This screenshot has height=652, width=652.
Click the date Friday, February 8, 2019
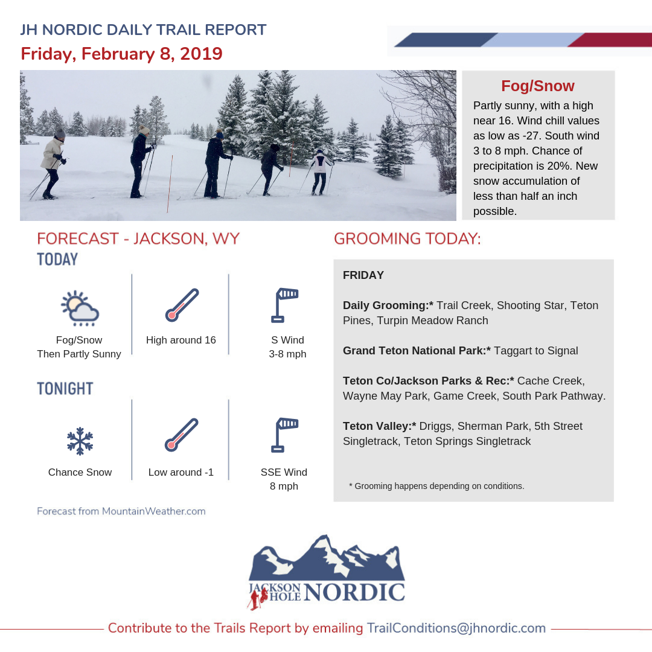pyautogui.click(x=121, y=54)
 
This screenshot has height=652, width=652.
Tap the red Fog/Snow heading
pyautogui.click(x=538, y=86)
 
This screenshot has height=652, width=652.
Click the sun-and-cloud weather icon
pyautogui.click(x=80, y=308)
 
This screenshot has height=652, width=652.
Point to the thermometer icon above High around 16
pyautogui.click(x=181, y=305)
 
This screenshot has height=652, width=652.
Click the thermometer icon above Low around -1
pyautogui.click(x=181, y=435)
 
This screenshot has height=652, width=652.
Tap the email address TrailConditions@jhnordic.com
pyautogui.click(x=456, y=628)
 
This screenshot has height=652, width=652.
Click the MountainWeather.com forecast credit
pyautogui.click(x=121, y=511)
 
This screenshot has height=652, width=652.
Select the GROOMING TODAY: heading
pyautogui.click(x=407, y=238)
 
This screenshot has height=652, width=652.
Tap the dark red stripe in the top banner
pyautogui.click(x=610, y=40)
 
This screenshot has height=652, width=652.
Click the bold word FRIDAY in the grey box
pyautogui.click(x=363, y=275)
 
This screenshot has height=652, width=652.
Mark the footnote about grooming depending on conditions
pyautogui.click(x=436, y=485)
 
